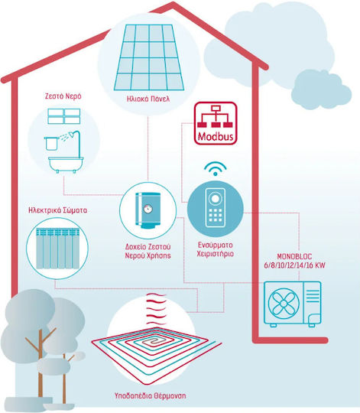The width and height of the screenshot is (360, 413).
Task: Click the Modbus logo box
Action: point(216,123)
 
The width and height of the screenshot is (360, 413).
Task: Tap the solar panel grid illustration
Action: point(149,57)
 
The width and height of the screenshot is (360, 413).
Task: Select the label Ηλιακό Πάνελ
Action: point(148,99)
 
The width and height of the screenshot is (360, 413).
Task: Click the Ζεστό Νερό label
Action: point(63,96)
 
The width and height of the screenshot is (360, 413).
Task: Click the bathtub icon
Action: point(66,164)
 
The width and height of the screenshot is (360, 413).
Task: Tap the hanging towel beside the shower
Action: point(51,144)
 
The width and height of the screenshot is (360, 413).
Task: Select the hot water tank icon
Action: point(148,210)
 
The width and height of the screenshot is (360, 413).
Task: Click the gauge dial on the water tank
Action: point(148,209)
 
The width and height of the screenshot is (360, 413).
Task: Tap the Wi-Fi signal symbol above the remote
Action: point(216,168)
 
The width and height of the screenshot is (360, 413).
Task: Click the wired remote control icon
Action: point(216,208)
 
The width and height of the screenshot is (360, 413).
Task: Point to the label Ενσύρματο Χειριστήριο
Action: point(216,249)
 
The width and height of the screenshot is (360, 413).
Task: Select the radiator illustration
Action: point(57,249)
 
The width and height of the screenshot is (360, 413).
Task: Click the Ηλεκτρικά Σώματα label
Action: point(57,210)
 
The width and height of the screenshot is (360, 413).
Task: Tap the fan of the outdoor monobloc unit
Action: point(284,304)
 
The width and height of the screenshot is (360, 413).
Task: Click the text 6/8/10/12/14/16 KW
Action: point(295,265)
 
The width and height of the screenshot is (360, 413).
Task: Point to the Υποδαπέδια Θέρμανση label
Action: point(150,395)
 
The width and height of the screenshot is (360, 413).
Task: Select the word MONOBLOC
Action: point(294,256)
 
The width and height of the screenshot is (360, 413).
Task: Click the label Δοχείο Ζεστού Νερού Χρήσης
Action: point(148,251)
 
